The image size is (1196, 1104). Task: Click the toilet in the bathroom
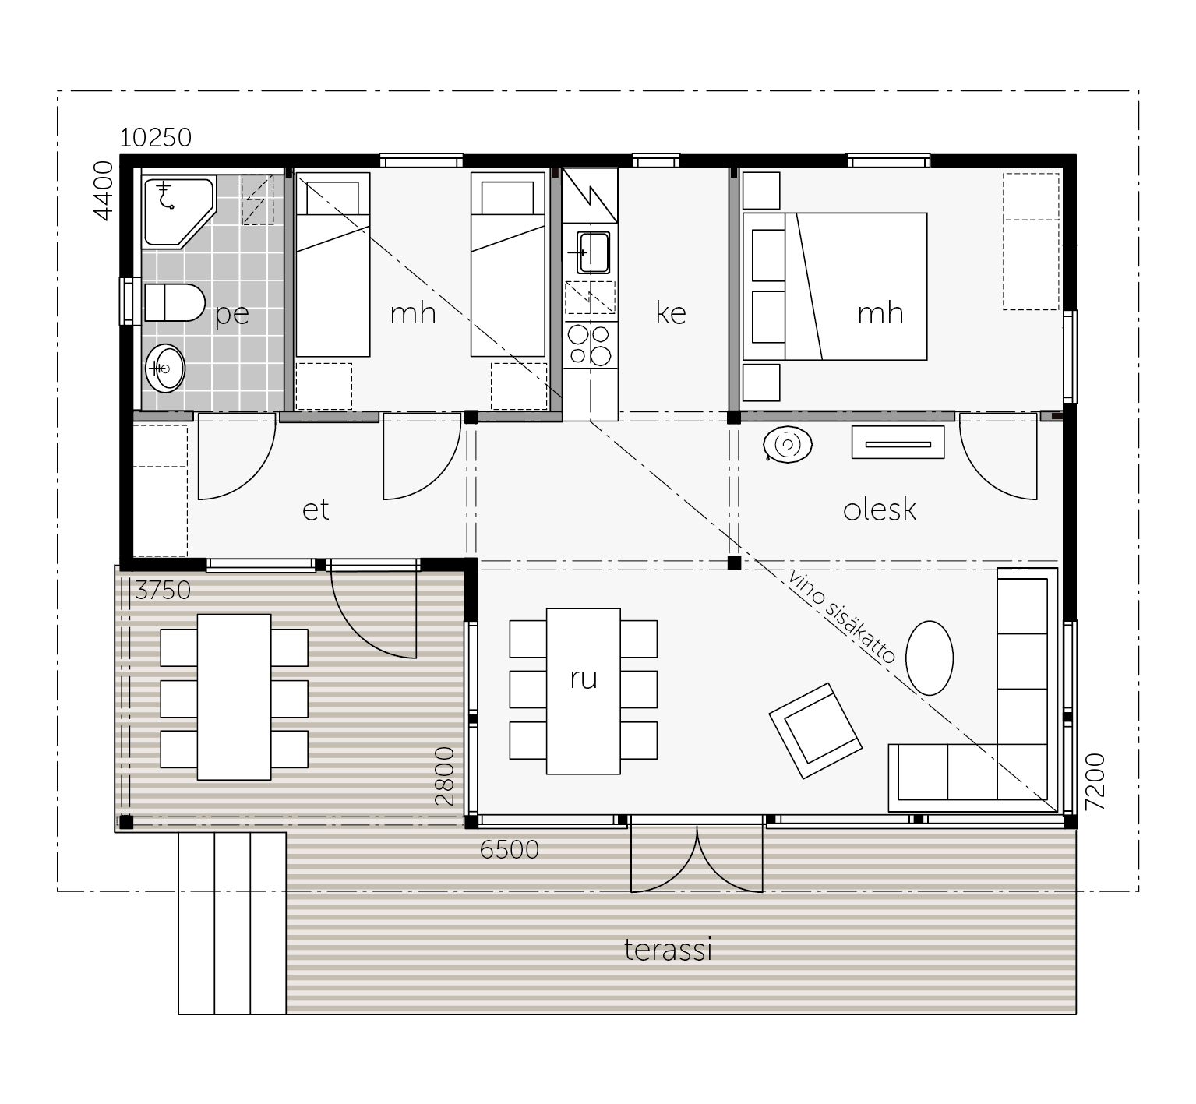coord(175,302)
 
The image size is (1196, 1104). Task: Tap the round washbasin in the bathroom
coord(165,368)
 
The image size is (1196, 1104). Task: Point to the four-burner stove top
coord(590,344)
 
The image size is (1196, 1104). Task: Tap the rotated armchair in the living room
coord(815,730)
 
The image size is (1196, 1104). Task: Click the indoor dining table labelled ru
coord(584,691)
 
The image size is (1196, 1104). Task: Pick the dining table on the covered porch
coord(234,697)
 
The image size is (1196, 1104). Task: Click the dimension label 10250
coord(156,137)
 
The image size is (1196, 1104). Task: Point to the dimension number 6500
coord(510,849)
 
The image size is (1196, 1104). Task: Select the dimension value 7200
coord(1095,781)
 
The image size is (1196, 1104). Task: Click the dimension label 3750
coord(163,591)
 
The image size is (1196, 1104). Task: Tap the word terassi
coord(669,950)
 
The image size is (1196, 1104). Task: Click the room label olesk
coord(880,510)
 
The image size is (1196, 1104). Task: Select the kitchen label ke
coord(671,312)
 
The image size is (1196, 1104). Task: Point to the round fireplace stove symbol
coord(788,446)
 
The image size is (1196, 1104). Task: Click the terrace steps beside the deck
coord(232,922)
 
